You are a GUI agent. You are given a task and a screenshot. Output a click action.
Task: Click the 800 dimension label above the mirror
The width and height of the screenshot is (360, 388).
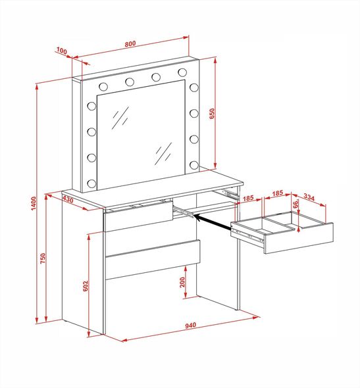130,44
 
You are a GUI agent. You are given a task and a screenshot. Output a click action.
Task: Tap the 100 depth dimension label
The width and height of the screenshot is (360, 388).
62,51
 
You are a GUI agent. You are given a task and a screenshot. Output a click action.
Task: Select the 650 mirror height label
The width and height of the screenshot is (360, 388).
212,114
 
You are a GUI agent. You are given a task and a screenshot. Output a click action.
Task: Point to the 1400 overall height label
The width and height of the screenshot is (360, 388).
34,203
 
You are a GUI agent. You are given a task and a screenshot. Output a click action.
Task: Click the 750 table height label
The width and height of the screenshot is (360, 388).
43,258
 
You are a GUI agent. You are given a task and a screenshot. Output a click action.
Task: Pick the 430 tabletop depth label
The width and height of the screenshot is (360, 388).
68,199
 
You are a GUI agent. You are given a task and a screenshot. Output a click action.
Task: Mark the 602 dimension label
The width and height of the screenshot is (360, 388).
85,286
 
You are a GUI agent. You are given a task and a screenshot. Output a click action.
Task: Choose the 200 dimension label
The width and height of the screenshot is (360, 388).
182,282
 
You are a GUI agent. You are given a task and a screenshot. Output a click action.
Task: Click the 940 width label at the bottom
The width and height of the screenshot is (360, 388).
191,325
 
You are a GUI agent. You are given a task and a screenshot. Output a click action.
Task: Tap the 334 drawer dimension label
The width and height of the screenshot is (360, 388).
309,197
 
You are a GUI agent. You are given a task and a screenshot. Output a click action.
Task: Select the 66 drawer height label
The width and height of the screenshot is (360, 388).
296,204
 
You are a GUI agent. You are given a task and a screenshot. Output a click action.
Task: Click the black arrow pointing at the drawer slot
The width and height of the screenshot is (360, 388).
213,222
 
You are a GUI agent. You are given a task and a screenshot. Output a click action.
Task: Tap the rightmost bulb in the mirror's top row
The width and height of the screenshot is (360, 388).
182,72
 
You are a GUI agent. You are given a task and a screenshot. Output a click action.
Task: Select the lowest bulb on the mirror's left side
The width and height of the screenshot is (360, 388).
91,183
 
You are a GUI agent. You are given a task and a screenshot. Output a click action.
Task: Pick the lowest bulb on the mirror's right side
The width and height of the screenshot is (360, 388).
194,165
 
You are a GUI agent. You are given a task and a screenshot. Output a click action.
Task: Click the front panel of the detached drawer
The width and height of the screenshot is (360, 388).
299,238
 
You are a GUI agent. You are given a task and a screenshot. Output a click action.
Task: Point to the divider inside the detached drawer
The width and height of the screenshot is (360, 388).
278,222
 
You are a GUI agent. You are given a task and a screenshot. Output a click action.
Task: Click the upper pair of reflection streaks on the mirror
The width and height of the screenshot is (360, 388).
120,118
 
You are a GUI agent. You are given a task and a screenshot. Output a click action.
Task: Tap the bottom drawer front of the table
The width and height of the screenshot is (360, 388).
153,260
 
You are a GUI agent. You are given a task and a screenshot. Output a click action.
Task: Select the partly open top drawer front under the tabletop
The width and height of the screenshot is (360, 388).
139,216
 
